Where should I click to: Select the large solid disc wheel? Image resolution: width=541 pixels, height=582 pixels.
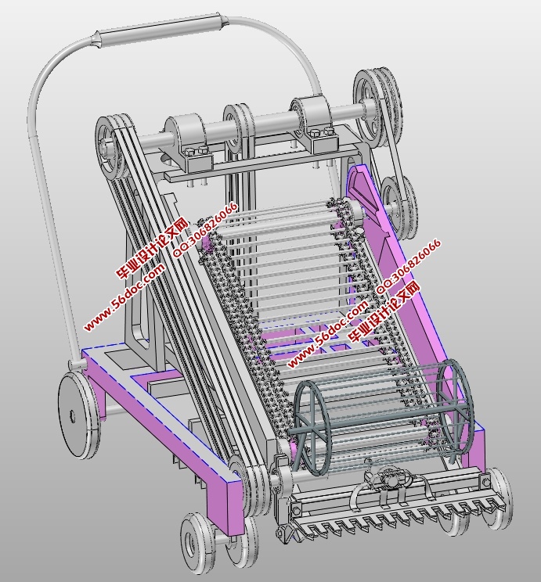(79, 415)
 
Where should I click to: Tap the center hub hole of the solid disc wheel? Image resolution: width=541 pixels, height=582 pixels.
(72, 416)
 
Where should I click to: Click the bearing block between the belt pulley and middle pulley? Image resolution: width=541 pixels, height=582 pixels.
(189, 143)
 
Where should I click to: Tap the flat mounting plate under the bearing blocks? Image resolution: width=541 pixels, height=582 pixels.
(260, 160)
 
